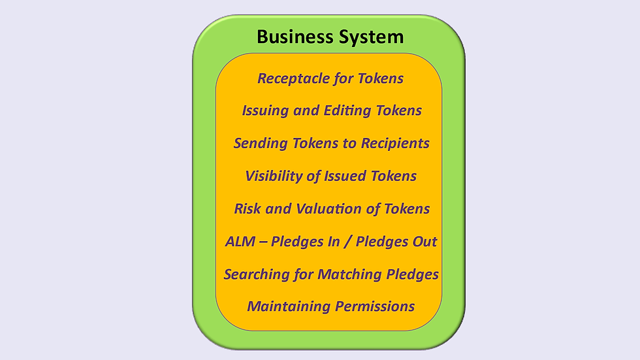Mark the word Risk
click(x=248, y=209)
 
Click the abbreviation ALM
click(x=239, y=242)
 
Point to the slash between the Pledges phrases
click(x=349, y=242)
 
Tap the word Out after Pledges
click(x=423, y=242)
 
